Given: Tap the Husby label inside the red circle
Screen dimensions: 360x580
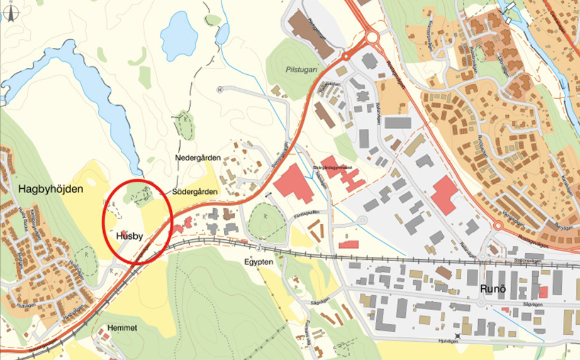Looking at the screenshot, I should [130, 236].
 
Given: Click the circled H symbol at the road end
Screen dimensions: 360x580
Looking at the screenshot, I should [220, 89].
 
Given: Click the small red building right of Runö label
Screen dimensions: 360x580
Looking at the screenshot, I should [542, 292].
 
